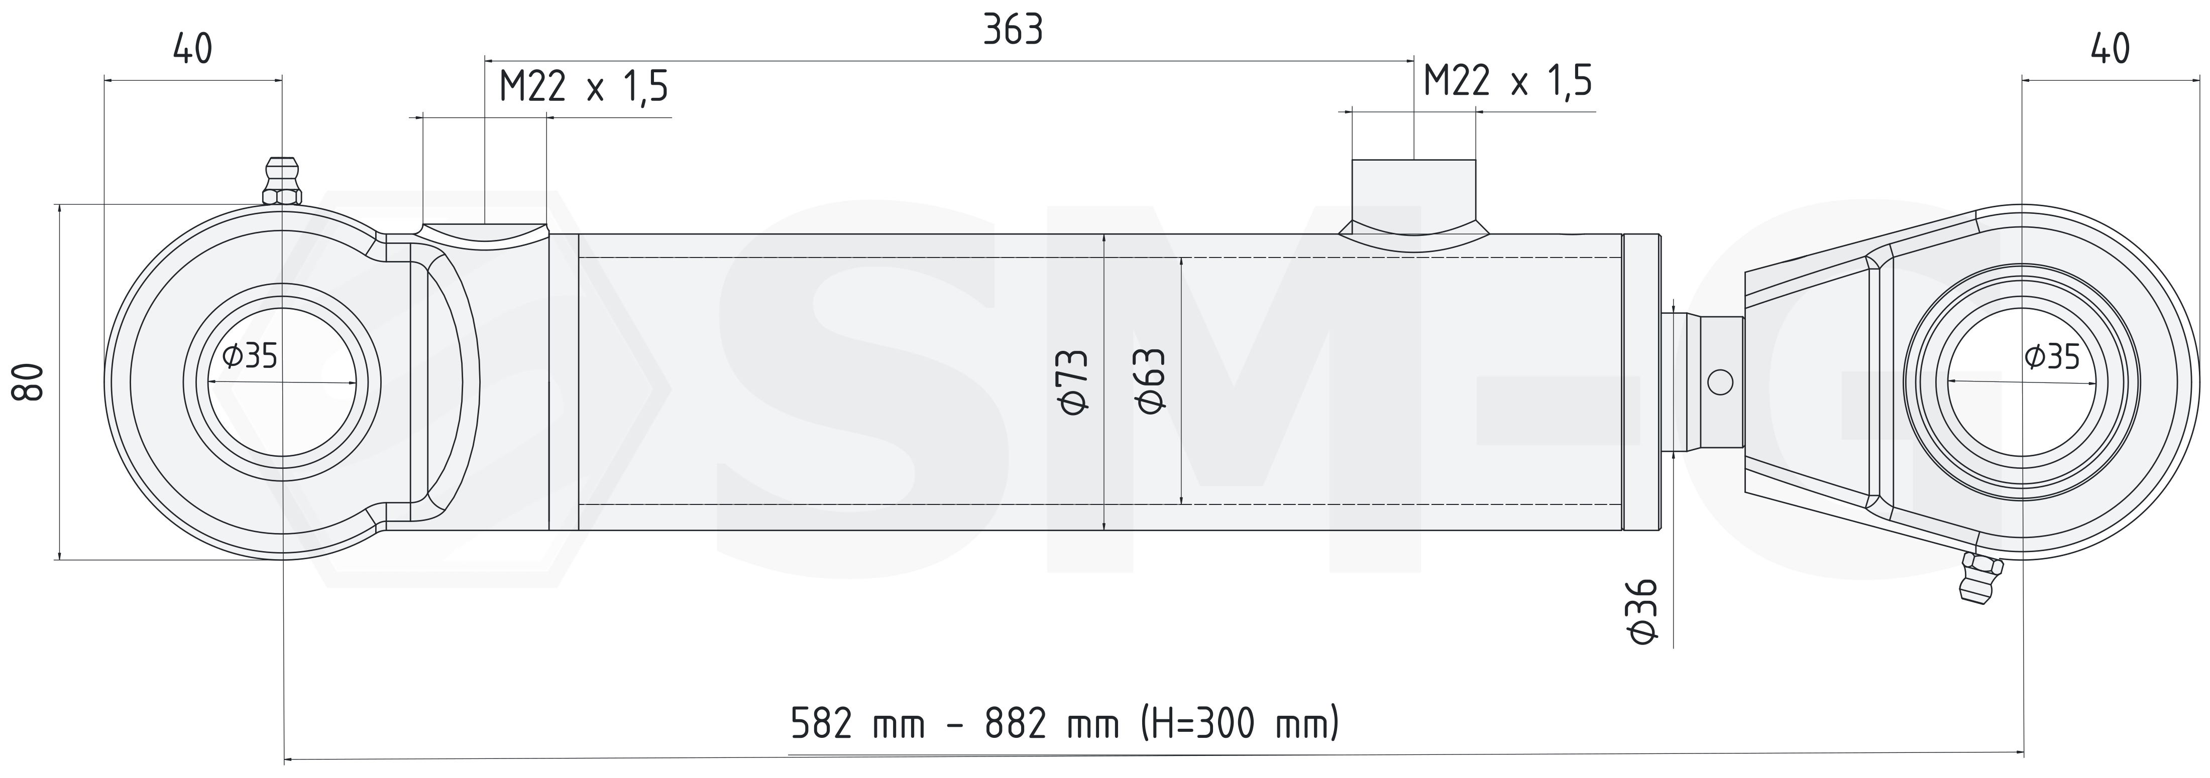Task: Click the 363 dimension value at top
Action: (x=1013, y=31)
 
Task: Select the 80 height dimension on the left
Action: (x=28, y=381)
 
